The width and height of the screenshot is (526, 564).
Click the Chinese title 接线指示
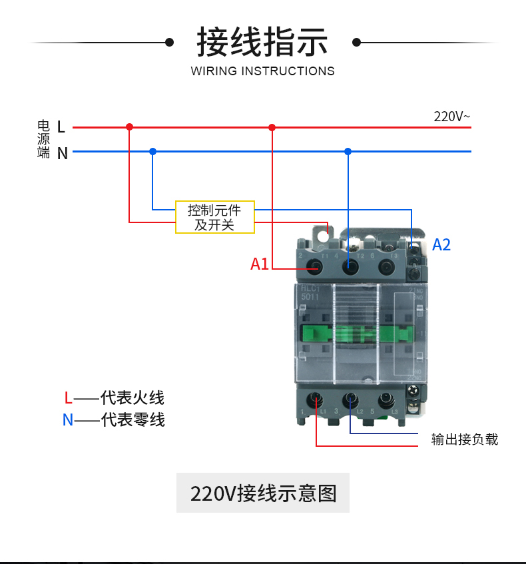click(x=262, y=42)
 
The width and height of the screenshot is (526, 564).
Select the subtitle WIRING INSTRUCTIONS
click(x=262, y=71)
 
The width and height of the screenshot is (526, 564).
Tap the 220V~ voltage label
click(x=451, y=117)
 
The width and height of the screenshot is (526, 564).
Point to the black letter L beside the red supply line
click(x=61, y=127)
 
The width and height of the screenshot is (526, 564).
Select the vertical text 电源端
click(x=44, y=139)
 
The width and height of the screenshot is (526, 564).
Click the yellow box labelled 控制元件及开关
click(x=214, y=217)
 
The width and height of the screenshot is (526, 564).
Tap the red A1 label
click(x=260, y=264)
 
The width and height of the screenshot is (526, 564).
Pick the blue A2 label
click(x=441, y=244)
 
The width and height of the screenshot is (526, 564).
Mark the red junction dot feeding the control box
click(x=130, y=127)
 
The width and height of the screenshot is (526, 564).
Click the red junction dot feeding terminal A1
click(x=272, y=127)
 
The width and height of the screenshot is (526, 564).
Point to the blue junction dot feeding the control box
click(x=152, y=151)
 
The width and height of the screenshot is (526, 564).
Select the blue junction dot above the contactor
click(x=348, y=151)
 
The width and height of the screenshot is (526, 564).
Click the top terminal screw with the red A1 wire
click(x=315, y=267)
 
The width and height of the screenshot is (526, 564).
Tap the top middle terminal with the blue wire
click(x=348, y=267)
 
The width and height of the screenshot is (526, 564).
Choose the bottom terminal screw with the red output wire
click(x=316, y=401)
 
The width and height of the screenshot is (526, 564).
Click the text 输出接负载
click(x=465, y=439)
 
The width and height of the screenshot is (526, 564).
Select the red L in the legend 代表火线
click(x=68, y=398)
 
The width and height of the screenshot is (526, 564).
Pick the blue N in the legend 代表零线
click(x=68, y=420)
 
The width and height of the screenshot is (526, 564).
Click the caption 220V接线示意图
click(x=263, y=493)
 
